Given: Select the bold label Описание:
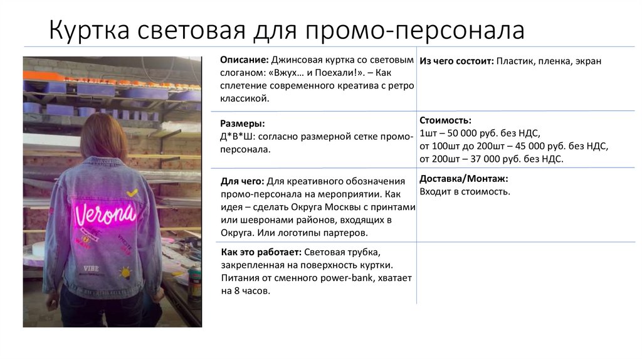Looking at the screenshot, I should (245, 60).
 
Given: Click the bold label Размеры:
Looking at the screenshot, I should (242, 124).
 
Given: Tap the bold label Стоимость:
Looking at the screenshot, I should (445, 120).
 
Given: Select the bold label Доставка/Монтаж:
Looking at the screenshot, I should (463, 179).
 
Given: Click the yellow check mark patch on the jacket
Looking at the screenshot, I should (132, 194).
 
